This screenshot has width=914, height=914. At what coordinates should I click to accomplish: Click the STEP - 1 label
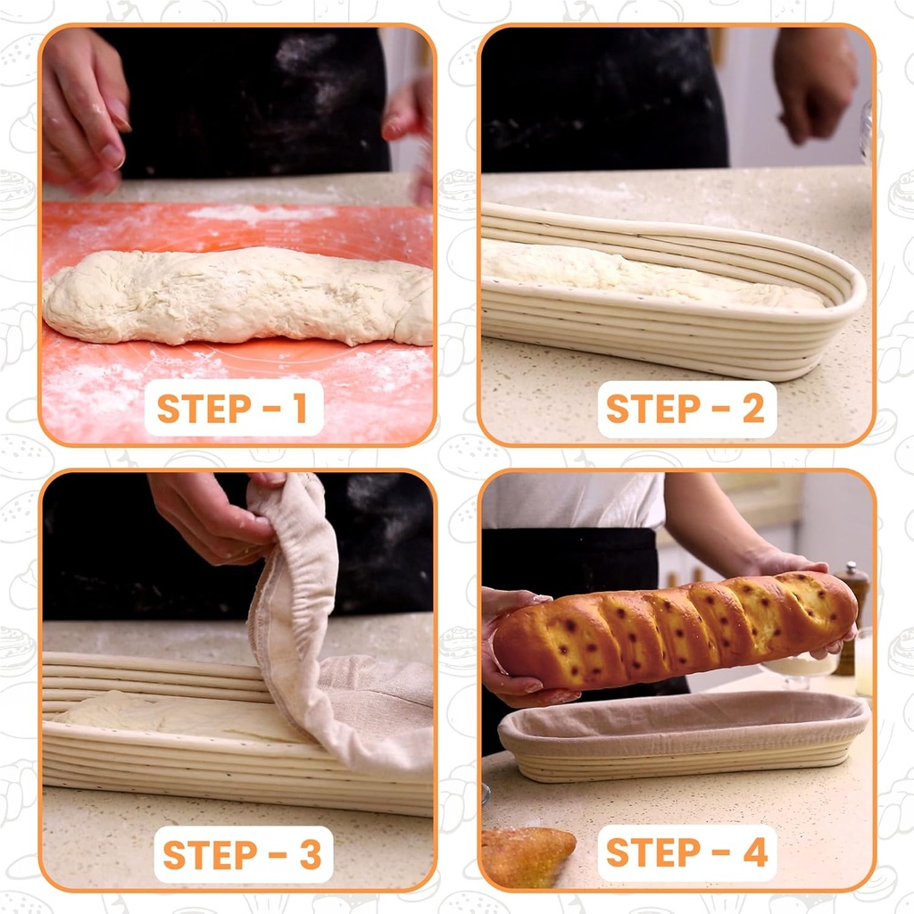(233, 408)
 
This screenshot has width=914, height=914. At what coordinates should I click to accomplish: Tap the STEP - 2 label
(685, 408)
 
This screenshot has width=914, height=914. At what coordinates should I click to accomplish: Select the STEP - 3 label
(242, 854)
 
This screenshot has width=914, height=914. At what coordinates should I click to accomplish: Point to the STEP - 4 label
(686, 852)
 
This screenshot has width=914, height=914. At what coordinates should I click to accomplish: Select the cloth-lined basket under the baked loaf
(683, 735)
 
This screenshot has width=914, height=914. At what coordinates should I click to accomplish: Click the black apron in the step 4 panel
(571, 571)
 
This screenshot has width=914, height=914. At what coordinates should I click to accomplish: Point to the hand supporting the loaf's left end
(509, 643)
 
